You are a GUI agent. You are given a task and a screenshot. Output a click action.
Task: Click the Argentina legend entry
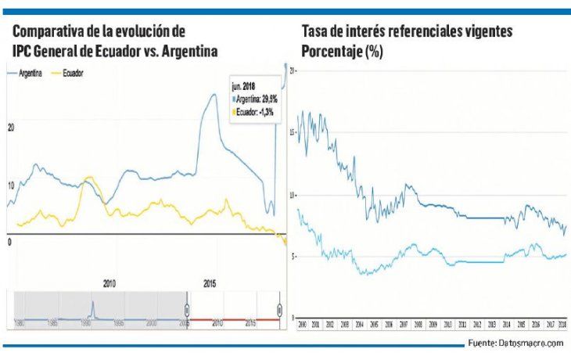(30, 72)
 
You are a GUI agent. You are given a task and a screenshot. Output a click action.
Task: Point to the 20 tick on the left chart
(11, 126)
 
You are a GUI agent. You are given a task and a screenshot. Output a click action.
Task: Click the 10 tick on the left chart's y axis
(11, 185)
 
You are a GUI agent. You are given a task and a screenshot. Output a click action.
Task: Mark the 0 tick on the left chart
(9, 243)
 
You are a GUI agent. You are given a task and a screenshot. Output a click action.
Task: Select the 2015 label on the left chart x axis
(210, 283)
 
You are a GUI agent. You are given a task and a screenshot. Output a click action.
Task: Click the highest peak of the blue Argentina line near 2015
(213, 95)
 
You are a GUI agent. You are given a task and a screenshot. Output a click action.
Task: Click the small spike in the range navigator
(92, 306)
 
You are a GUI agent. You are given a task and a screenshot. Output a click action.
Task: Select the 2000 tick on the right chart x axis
(302, 322)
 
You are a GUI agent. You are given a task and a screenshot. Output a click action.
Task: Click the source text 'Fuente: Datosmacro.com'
(515, 344)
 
